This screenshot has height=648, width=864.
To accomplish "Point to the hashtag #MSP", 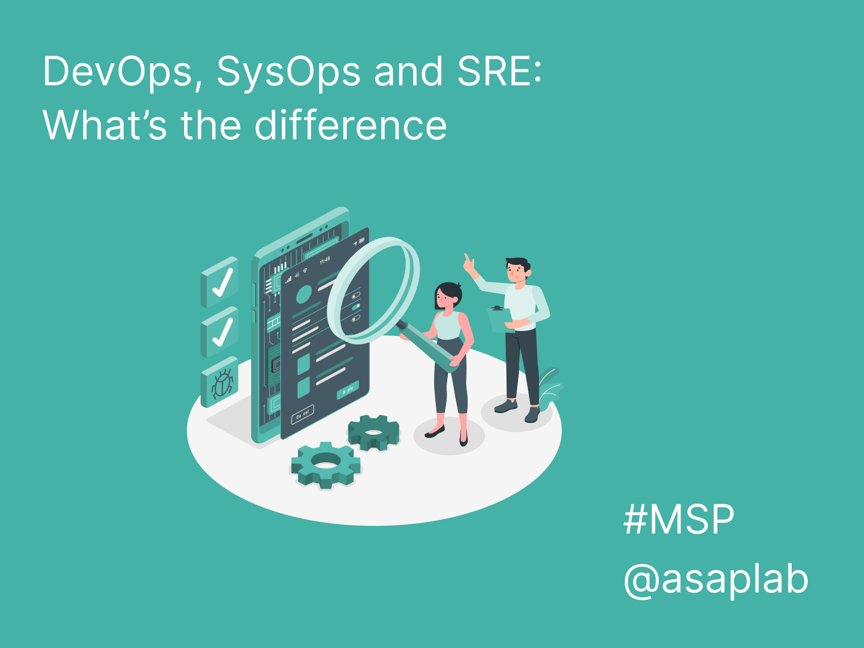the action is (679, 519).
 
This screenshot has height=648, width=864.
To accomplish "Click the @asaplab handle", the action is (716, 579).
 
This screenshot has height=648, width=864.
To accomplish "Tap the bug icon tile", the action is (219, 382).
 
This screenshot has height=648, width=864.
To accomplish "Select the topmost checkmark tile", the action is (219, 282).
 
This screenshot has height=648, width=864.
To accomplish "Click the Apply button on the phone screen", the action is (348, 390).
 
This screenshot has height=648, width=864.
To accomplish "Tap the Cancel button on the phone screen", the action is (302, 415).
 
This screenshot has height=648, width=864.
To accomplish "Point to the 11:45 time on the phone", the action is (325, 260).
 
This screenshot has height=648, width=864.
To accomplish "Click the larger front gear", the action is (326, 464).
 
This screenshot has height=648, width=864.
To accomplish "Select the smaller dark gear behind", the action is (374, 432).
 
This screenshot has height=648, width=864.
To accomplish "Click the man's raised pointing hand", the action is (469, 264).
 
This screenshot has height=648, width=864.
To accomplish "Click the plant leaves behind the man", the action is (550, 387).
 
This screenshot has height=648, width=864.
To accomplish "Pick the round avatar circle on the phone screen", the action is (304, 294).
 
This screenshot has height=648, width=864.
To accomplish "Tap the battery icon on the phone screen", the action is (362, 240).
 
